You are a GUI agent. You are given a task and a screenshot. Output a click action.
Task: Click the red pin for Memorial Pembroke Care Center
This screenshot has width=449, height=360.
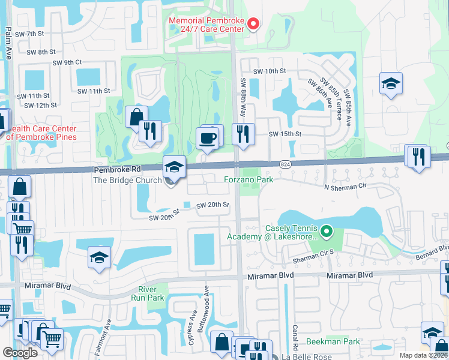point(253,24)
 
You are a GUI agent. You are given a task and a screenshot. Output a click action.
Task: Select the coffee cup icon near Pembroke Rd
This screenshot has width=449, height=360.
point(208,138)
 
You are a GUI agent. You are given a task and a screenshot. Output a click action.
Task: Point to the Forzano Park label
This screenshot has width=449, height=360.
point(249,179)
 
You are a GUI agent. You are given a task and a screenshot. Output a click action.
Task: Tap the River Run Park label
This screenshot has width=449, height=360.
point(148,294)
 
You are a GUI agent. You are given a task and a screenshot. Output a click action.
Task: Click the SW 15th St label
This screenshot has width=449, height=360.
point(284,134)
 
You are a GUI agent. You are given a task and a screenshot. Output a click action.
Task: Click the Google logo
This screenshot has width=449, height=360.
point(20,353)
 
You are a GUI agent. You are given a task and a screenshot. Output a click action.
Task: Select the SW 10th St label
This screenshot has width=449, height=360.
point(270,71)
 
